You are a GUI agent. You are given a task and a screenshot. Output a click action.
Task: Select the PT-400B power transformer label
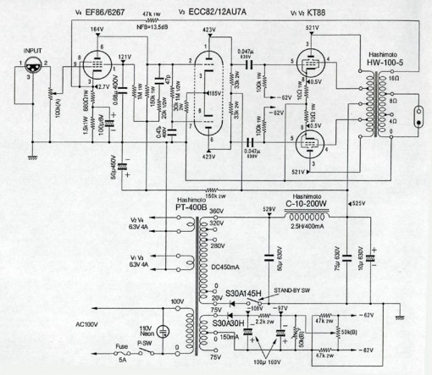(x=192, y=207)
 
